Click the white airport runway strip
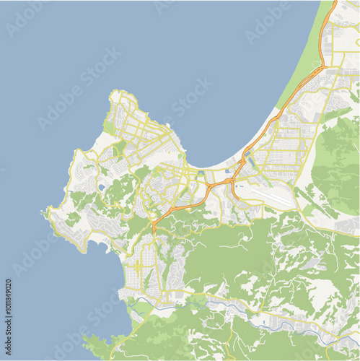[271, 193]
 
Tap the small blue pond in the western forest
[101, 187]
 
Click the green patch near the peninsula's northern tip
[110, 126]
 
